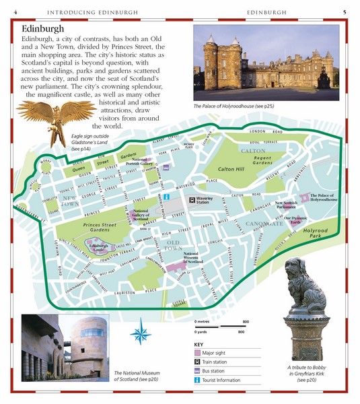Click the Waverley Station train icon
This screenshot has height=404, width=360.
pos(192,199)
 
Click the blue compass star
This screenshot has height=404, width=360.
pos(142,333)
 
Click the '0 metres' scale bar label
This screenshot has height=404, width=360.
pos(205,323)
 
